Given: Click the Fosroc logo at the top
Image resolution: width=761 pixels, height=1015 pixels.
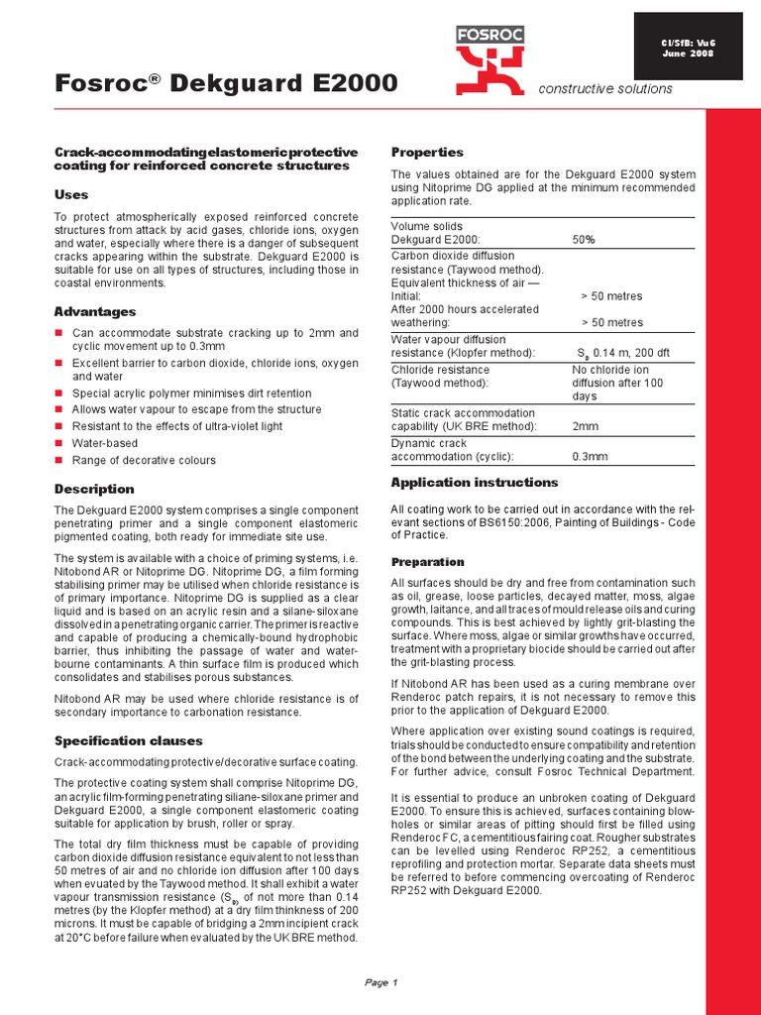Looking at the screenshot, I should (488, 55).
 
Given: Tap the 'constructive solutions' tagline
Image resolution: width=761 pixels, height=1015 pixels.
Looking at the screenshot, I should (604, 89).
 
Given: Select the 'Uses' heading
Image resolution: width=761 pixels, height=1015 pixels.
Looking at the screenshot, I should (70, 194).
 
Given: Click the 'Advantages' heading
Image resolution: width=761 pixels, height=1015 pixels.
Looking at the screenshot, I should (95, 311).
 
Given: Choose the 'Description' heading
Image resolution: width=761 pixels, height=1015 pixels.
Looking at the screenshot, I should (94, 489).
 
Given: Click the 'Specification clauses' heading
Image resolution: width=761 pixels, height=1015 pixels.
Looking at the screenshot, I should (129, 740).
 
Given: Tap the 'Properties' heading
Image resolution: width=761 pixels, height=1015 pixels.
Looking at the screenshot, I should (427, 152).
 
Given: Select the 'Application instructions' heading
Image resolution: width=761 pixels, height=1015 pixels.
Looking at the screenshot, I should (475, 482).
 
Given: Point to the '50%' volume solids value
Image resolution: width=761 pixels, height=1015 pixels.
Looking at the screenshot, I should (584, 240).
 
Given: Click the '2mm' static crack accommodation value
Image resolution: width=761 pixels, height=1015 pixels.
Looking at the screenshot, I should (585, 426).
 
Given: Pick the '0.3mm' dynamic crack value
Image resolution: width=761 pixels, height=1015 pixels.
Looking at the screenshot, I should (590, 457).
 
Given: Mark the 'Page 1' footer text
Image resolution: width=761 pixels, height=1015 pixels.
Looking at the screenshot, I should (380, 982).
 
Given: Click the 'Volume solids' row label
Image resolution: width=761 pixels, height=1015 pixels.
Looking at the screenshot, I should (427, 226).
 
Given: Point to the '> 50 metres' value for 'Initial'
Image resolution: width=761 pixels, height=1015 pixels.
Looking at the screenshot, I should (611, 296).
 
